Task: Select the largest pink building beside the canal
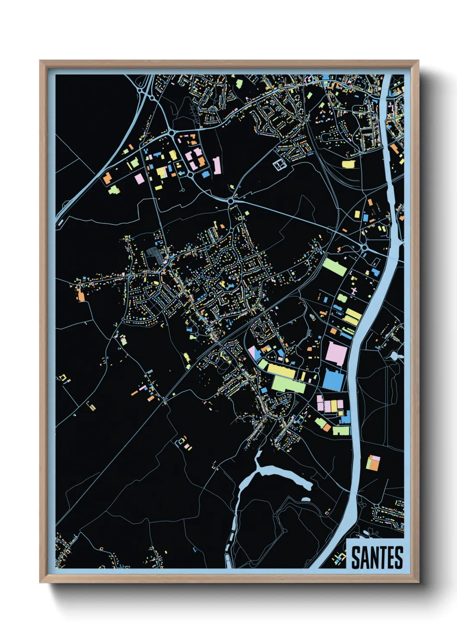(337, 354)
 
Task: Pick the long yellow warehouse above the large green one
(281, 370)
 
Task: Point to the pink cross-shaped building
(355, 292)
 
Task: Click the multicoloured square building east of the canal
(373, 462)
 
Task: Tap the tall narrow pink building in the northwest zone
(217, 165)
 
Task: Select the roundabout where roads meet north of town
(231, 201)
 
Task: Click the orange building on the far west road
(81, 295)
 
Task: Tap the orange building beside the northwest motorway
(107, 177)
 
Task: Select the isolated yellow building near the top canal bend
(348, 164)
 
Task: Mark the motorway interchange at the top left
(146, 91)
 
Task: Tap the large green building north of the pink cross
(335, 266)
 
